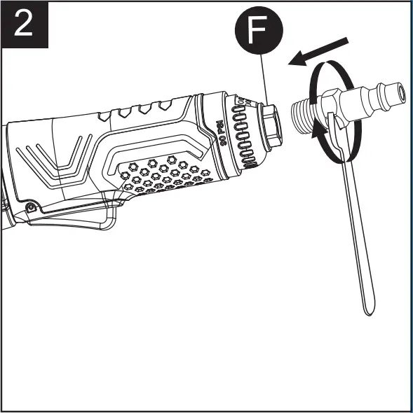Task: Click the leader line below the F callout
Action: coord(264,77)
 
